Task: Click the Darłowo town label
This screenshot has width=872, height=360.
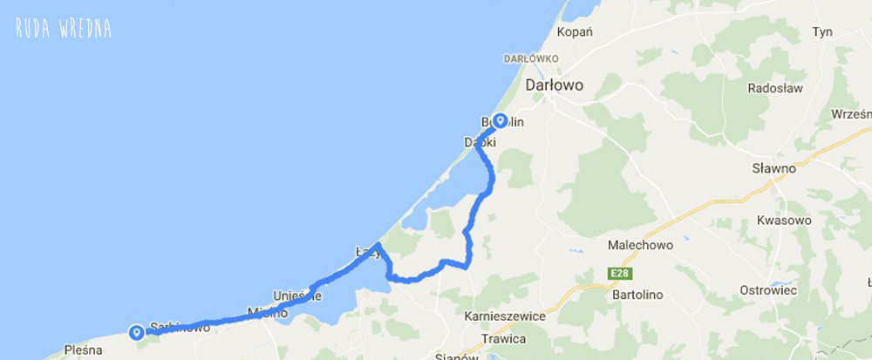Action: point(555,85)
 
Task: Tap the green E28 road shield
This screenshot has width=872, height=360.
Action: point(619,275)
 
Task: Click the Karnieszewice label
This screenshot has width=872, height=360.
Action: point(505,316)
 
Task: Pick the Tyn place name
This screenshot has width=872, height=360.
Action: point(821,31)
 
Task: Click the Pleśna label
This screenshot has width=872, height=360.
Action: point(85,350)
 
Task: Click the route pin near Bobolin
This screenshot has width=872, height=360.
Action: point(501,121)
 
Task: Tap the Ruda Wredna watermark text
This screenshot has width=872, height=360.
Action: point(63,29)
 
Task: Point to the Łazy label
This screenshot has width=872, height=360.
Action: point(368,252)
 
